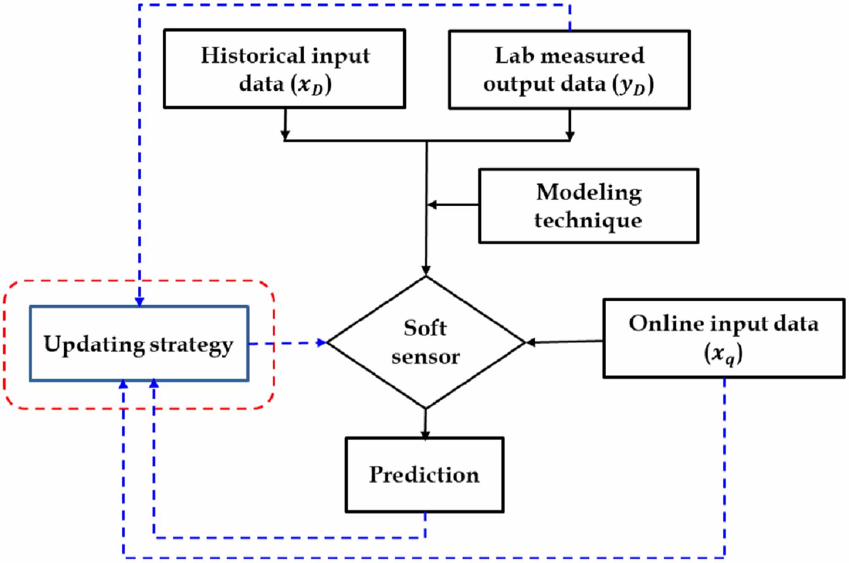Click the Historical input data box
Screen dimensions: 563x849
coord(285,69)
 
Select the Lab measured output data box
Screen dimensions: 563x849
coord(569,70)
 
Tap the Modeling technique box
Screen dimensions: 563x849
coord(588,206)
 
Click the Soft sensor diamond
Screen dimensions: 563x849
coord(425,342)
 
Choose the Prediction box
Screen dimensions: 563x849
coord(424,475)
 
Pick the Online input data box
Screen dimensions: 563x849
coord(724,338)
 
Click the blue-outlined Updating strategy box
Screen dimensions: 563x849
coord(139,343)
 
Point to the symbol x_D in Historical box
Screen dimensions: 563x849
coord(311,84)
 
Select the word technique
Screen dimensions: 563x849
coord(588,220)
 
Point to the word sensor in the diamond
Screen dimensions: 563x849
coord(425,357)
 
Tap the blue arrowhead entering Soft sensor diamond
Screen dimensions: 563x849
coord(321,342)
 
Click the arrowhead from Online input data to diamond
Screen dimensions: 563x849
coord(531,342)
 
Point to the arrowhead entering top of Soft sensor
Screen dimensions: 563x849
coord(426,270)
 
